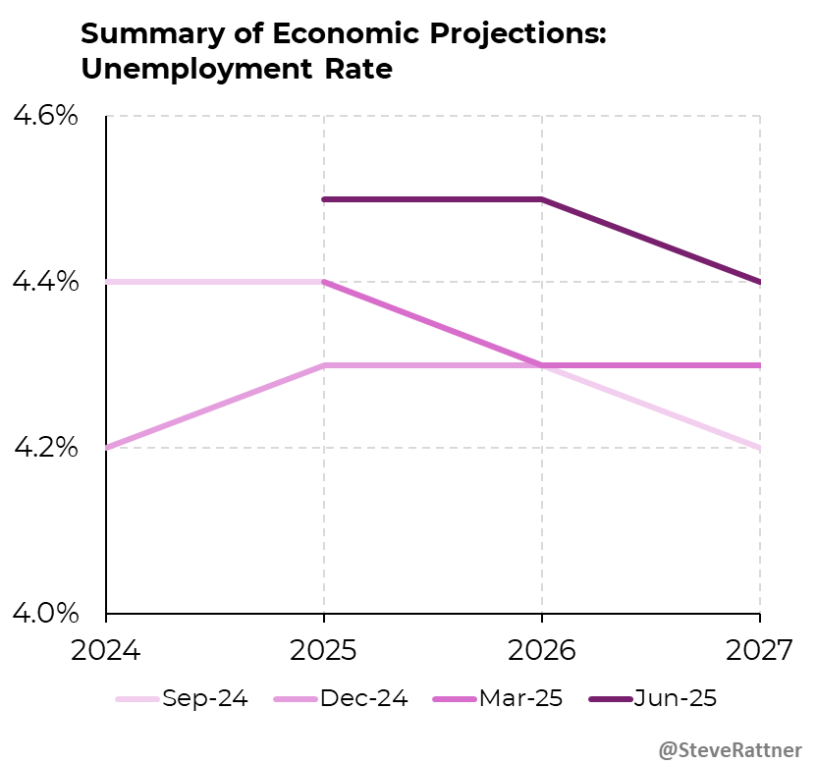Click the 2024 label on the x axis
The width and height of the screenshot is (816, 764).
(106, 651)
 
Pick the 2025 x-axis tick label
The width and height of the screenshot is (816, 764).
(324, 651)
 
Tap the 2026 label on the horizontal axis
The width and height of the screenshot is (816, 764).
(542, 651)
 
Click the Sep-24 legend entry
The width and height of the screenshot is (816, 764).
(204, 699)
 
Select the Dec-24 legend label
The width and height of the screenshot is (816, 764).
(363, 699)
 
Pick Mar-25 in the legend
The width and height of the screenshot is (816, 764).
(521, 699)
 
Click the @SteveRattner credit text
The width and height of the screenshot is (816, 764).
(730, 749)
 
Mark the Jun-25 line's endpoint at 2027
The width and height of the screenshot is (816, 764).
(760, 282)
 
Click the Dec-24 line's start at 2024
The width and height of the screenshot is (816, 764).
(106, 448)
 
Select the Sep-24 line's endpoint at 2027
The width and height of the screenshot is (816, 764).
(760, 448)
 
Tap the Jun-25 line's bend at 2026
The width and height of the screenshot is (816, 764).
(542, 199)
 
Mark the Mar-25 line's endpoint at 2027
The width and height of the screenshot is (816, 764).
(760, 365)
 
